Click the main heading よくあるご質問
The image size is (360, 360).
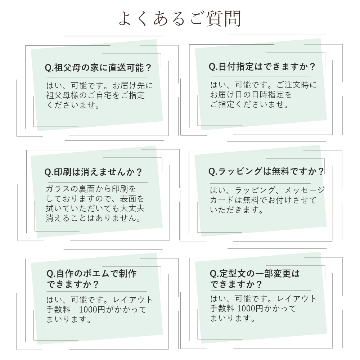click(x=180, y=18)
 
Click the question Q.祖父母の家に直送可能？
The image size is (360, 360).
click(x=98, y=68)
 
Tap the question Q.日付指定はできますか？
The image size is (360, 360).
click(x=262, y=67)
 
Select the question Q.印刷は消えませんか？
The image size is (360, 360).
click(x=93, y=172)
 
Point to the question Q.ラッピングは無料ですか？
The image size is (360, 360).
click(x=266, y=171)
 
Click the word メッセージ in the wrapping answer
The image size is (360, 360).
click(x=305, y=190)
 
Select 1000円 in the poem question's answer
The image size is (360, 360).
click(x=92, y=310)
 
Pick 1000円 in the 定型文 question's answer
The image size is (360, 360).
click(x=250, y=309)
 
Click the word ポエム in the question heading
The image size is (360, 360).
click(x=96, y=274)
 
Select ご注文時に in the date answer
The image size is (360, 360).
click(x=296, y=85)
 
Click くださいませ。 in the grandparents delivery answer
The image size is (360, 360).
click(x=73, y=105)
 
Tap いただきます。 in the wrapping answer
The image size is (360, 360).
click(x=237, y=210)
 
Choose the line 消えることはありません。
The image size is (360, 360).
click(x=94, y=218)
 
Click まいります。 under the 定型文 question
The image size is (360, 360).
click(x=233, y=318)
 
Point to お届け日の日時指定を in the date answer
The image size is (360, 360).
click(x=251, y=95)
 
